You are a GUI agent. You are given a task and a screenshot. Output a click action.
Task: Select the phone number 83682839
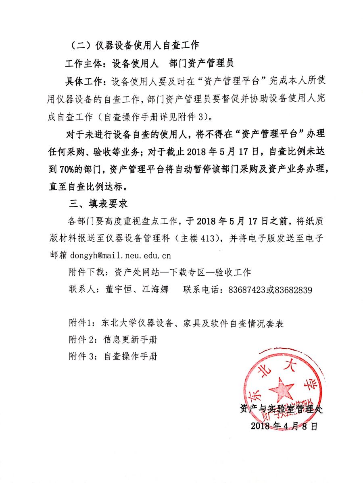(293, 290)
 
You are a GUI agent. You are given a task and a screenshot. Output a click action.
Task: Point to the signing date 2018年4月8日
(284, 426)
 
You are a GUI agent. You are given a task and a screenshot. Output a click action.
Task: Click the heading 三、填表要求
(99, 203)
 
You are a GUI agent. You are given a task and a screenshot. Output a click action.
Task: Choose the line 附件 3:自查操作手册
(113, 356)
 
